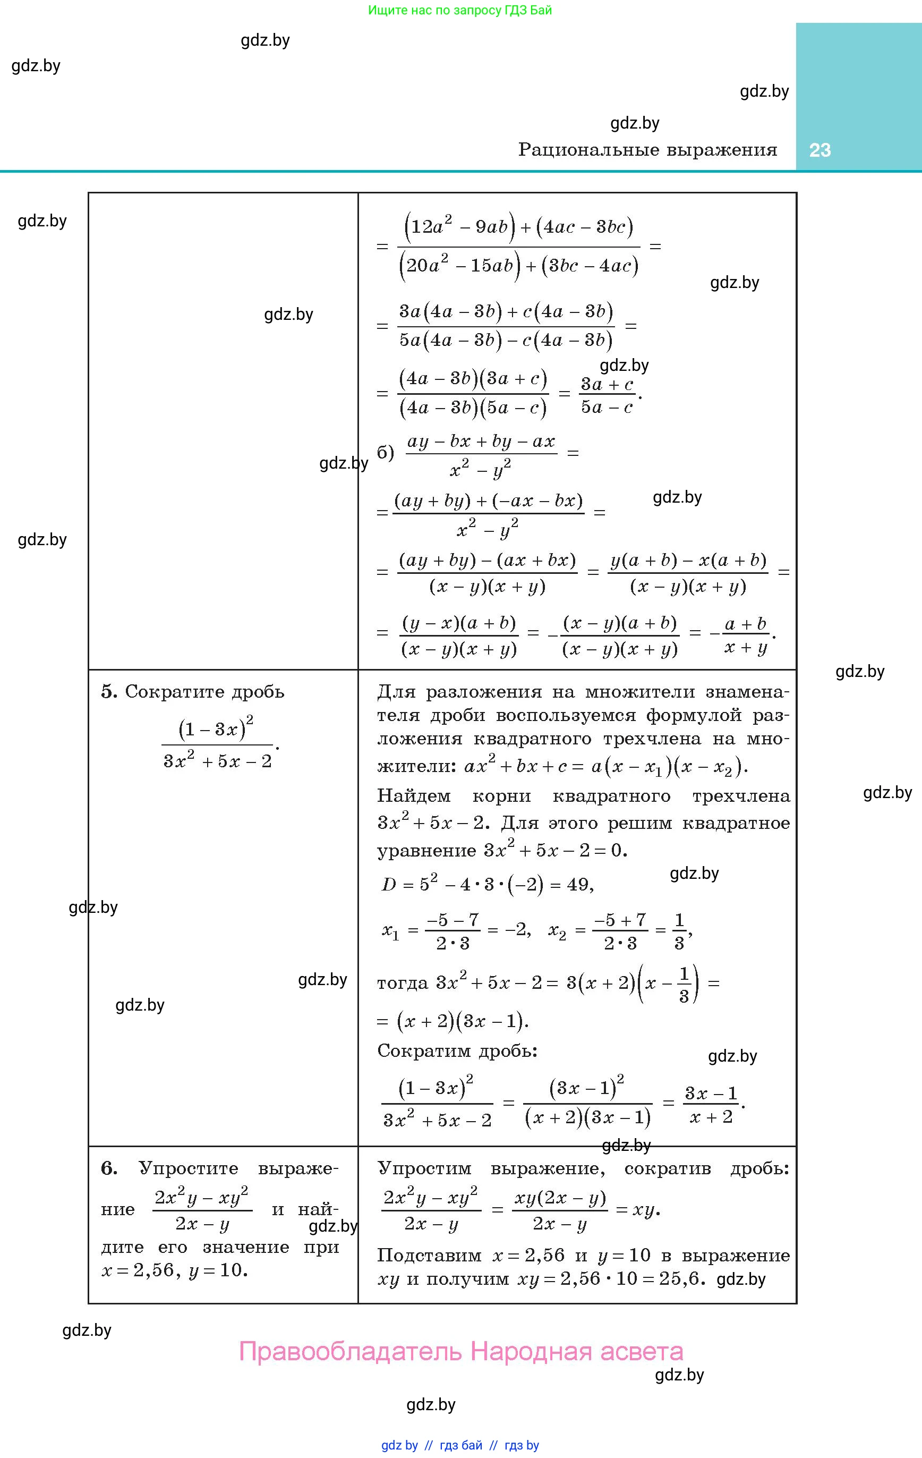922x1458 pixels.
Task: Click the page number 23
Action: point(819,150)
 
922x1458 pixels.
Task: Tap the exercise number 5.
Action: point(108,691)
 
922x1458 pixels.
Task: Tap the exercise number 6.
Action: point(108,1168)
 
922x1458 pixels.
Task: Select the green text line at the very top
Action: point(460,10)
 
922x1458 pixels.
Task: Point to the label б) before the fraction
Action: point(385,453)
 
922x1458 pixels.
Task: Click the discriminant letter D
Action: point(389,885)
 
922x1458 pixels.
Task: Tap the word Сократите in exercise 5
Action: point(164,691)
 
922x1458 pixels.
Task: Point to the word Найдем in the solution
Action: point(414,796)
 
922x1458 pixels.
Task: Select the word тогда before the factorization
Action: point(403,982)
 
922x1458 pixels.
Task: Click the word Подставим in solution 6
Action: point(429,1255)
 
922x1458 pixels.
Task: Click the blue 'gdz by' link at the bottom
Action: point(399,1445)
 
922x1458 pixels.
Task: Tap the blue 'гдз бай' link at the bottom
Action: point(462,1445)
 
